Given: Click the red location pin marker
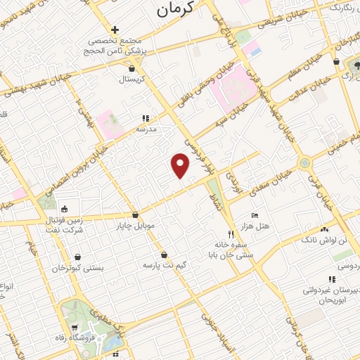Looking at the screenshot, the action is pyautogui.click(x=181, y=165).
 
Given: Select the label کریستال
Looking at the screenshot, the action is pyautogui.click(x=132, y=79).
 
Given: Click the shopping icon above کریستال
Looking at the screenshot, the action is pyautogui.click(x=132, y=68).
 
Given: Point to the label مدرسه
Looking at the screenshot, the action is pyautogui.click(x=145, y=130).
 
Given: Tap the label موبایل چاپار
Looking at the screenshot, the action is pyautogui.click(x=135, y=226).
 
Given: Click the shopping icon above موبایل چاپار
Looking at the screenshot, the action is pyautogui.click(x=135, y=216).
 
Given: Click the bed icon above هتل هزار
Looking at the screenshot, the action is pyautogui.click(x=254, y=214).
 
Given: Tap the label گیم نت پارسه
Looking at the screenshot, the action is pyautogui.click(x=165, y=266).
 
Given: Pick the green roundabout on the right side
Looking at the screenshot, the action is pyautogui.click(x=304, y=163).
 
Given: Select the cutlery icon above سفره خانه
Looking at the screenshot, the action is pyautogui.click(x=229, y=233).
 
